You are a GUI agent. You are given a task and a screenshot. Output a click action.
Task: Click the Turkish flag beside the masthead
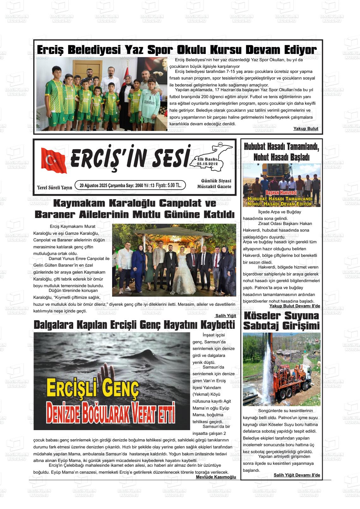pyautogui.click(x=54, y=160)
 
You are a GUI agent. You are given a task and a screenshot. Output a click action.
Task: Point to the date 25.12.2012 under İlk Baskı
pyautogui.click(x=207, y=164)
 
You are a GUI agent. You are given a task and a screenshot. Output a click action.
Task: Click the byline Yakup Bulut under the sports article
pyautogui.click(x=306, y=129)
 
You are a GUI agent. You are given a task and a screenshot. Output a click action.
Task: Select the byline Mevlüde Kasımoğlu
pyautogui.click(x=216, y=477)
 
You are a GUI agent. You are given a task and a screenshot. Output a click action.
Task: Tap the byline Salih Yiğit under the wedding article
pyautogui.click(x=225, y=316)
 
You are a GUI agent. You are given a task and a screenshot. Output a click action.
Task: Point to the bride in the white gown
pyautogui.click(x=183, y=268)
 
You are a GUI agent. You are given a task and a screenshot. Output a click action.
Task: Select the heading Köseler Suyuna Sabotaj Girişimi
pyautogui.click(x=281, y=321)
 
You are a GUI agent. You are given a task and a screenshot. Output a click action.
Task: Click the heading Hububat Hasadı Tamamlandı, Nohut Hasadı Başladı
pyautogui.click(x=281, y=152)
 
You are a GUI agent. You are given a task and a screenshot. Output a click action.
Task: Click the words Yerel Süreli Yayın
pyautogui.click(x=54, y=187)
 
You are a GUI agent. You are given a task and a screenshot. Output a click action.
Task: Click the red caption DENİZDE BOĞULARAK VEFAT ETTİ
pyautogui.click(x=111, y=412)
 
